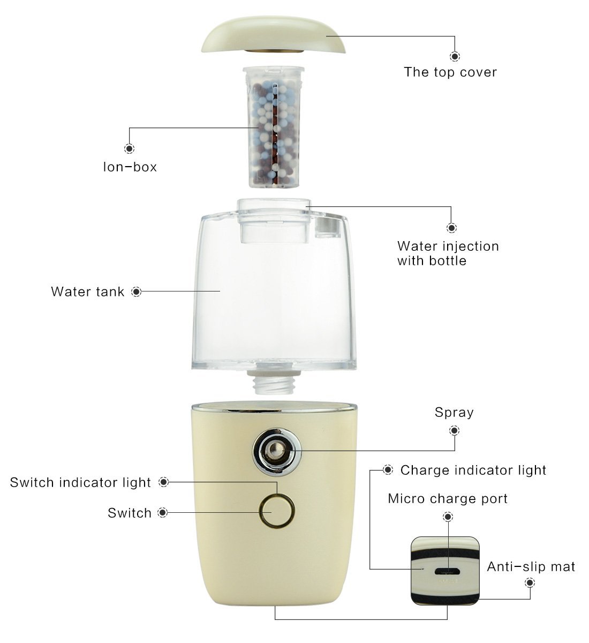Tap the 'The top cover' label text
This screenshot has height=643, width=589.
click(x=450, y=72)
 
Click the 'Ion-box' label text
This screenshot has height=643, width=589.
click(x=130, y=167)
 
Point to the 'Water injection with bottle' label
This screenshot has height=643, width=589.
click(x=448, y=253)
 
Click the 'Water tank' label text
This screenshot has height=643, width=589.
click(x=87, y=292)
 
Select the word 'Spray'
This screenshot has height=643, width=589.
click(x=454, y=413)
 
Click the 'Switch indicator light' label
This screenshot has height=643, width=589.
click(x=80, y=483)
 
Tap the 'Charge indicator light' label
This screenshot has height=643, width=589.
click(x=473, y=470)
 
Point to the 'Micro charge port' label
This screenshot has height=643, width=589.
click(x=448, y=499)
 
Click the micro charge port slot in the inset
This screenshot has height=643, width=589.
click(x=447, y=572)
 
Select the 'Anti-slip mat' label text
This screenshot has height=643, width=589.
click(x=531, y=567)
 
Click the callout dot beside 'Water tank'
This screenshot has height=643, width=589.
click(x=137, y=292)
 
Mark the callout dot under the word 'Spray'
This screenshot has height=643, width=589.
click(x=455, y=430)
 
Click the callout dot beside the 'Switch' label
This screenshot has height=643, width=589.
click(x=163, y=513)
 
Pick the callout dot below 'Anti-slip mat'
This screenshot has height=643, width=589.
click(x=530, y=582)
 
